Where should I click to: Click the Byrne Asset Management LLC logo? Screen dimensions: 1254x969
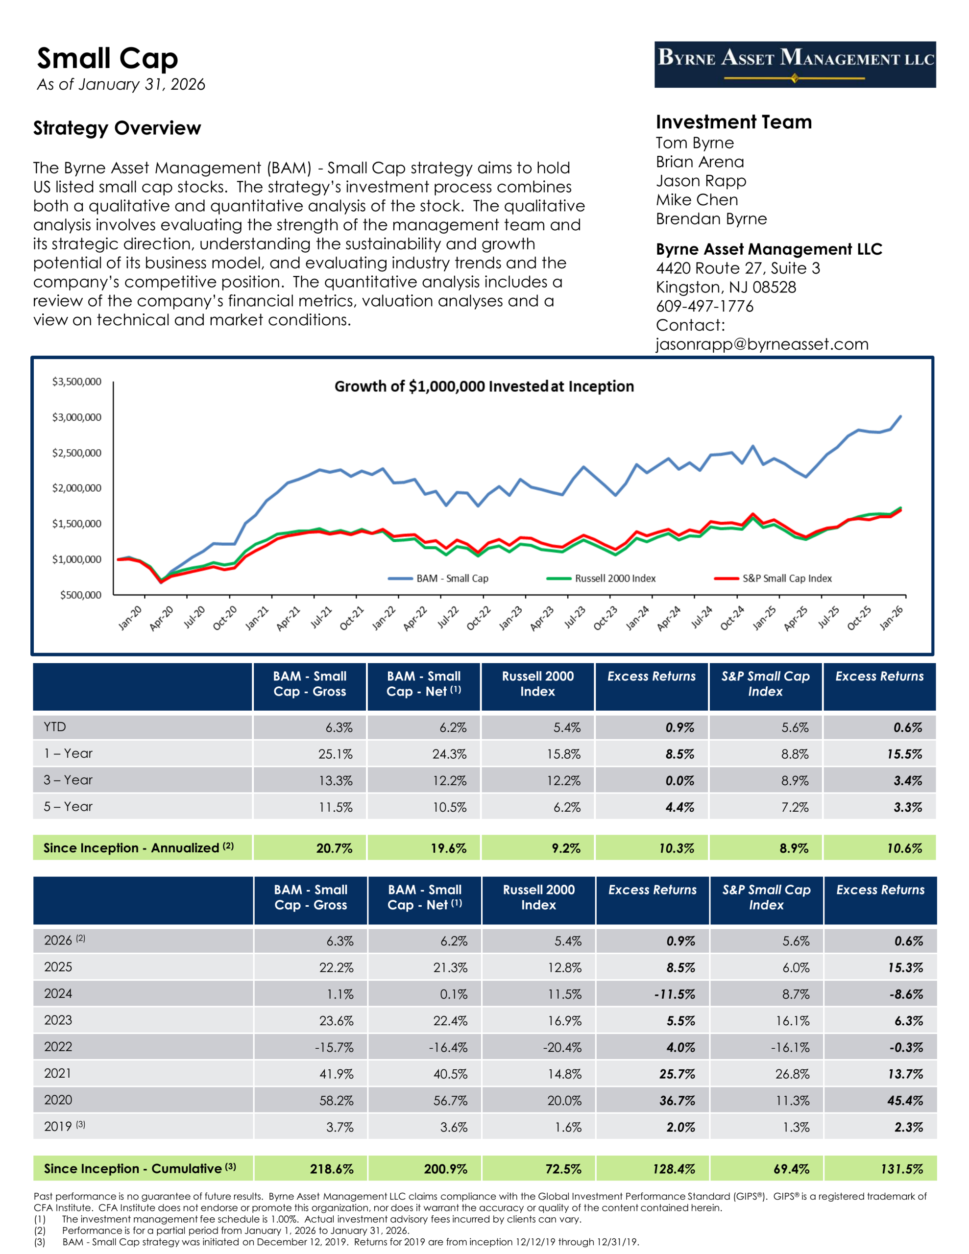tap(795, 64)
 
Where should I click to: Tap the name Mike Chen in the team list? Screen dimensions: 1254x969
tap(697, 200)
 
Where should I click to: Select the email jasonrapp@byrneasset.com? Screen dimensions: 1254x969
tap(762, 344)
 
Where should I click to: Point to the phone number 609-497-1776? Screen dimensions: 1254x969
tap(704, 306)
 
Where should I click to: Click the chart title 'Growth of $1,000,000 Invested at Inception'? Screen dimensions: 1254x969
tap(484, 386)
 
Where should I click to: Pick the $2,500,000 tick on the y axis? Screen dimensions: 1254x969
tap(76, 453)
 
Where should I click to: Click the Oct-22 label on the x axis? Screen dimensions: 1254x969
tap(478, 618)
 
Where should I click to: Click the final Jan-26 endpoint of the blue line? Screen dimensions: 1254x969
tap(900, 416)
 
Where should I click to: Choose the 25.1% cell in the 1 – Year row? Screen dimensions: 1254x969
tap(335, 754)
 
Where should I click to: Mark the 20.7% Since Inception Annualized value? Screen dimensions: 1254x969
tap(334, 848)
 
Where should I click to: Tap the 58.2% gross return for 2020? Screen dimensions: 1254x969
tap(336, 1100)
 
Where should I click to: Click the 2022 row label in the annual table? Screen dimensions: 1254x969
tap(58, 1047)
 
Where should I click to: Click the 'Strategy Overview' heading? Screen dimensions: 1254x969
tap(117, 128)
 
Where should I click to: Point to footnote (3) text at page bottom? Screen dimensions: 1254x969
tap(350, 1241)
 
